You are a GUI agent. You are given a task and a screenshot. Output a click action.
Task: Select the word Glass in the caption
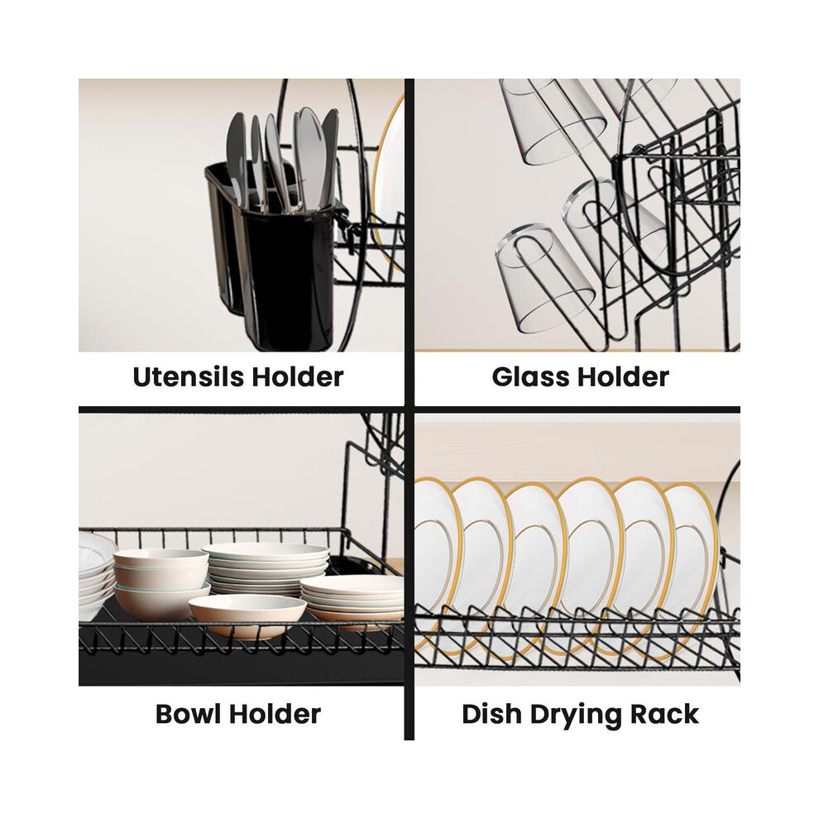click(527, 376)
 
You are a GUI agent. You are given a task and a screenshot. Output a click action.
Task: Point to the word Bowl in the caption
click(189, 713)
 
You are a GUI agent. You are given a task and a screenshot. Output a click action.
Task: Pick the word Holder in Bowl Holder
click(275, 713)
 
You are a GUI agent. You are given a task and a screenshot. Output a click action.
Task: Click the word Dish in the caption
click(492, 714)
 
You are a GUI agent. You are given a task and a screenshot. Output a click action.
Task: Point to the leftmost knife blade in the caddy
click(236, 156)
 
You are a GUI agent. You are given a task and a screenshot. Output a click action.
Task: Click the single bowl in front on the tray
click(247, 616)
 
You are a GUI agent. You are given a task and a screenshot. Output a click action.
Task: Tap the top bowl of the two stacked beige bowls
click(160, 567)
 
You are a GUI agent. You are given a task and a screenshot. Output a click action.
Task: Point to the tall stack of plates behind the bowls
click(266, 567)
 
